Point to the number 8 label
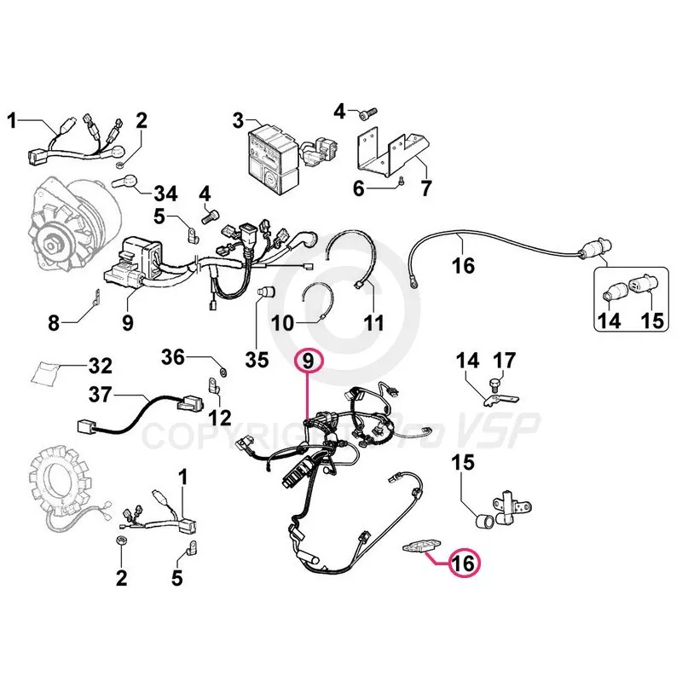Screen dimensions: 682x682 [53, 323]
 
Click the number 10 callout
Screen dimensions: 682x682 [282, 323]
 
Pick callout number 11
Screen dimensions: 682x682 [373, 323]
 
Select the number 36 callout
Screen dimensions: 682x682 [174, 358]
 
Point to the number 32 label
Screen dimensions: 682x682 [100, 367]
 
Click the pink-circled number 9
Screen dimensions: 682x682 [308, 362]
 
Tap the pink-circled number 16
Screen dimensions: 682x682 [464, 563]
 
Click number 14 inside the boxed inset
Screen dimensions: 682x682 [609, 323]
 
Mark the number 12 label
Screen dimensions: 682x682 [219, 418]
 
